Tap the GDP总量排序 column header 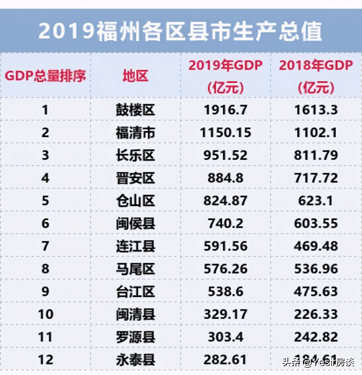[45, 76]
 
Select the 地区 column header [135, 76]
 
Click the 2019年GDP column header [225, 76]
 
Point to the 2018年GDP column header [316, 76]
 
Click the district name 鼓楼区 [135, 110]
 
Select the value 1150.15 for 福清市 [225, 133]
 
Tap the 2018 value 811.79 [316, 155]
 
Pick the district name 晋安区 [135, 178]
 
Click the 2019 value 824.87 [225, 201]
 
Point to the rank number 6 [45, 223]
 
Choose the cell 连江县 [135, 246]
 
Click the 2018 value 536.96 [316, 269]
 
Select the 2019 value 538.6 [225, 292]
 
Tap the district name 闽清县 [135, 314]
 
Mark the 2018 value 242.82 [316, 337]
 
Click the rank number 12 [45, 360]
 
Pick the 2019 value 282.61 [225, 360]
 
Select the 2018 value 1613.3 [316, 110]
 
